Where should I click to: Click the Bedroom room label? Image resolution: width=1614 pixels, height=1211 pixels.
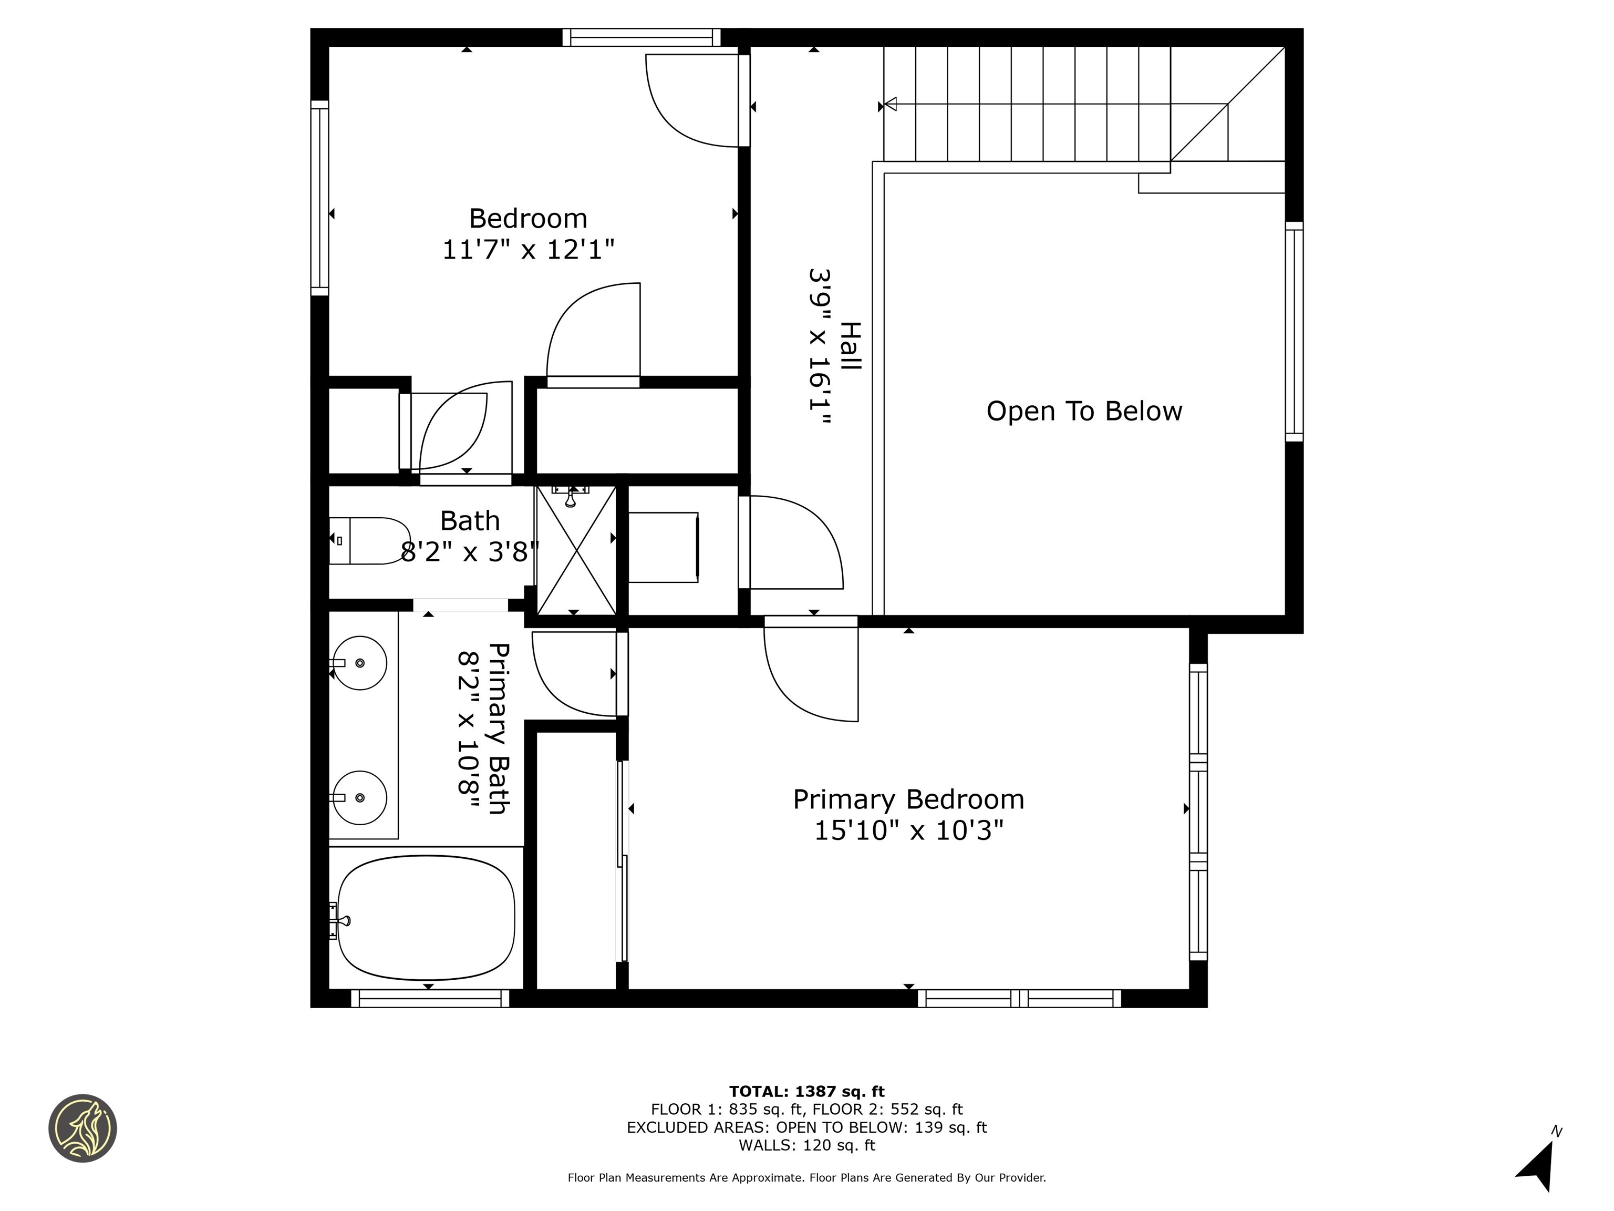pyautogui.click(x=527, y=218)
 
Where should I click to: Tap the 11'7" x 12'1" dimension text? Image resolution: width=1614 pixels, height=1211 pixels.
pyautogui.click(x=527, y=250)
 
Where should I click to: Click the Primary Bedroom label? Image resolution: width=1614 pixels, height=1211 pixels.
pyautogui.click(x=908, y=799)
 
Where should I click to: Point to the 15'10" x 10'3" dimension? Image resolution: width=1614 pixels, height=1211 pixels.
pyautogui.click(x=908, y=830)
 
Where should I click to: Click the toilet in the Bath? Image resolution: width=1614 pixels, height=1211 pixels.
pyautogui.click(x=368, y=541)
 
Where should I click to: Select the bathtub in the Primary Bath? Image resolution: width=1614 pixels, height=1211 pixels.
pyautogui.click(x=426, y=918)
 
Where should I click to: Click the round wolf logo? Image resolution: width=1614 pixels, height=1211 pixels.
pyautogui.click(x=82, y=1128)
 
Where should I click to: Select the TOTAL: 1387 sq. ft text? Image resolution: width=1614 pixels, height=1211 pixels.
pyautogui.click(x=806, y=1091)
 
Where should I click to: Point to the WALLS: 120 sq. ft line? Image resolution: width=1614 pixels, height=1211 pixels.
pyautogui.click(x=806, y=1145)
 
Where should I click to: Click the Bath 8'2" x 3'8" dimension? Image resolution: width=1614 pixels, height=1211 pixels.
pyautogui.click(x=470, y=552)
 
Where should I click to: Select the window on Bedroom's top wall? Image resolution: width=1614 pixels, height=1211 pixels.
pyautogui.click(x=640, y=37)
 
